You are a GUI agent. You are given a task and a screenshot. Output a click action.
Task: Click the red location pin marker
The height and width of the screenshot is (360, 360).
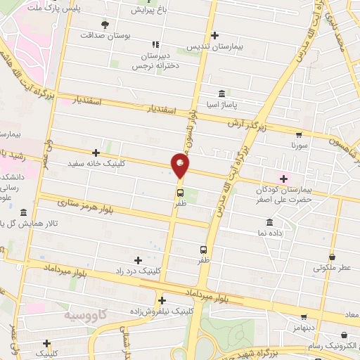181,167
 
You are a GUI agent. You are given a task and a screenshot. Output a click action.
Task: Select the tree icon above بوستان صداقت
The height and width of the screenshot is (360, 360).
105,24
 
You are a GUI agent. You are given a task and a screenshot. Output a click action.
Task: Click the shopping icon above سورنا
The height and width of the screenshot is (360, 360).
299,135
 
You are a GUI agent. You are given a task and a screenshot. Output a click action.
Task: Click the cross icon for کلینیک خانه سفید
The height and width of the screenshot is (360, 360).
96,153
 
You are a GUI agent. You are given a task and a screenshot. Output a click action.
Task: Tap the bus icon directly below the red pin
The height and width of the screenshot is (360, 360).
181,193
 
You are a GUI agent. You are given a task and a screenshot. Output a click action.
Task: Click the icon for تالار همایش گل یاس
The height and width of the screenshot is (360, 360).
24,213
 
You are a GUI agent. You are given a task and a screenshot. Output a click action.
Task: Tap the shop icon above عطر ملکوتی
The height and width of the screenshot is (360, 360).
332,257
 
